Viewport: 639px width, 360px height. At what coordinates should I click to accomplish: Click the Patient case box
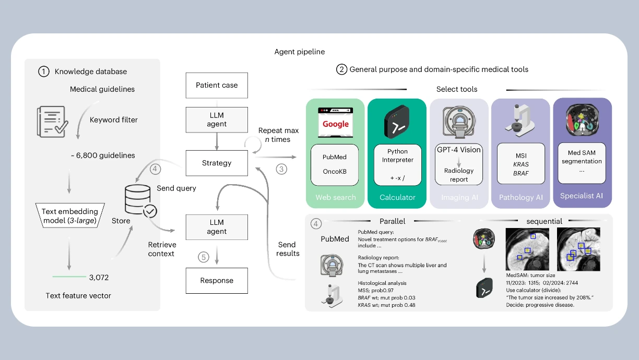click(x=217, y=86)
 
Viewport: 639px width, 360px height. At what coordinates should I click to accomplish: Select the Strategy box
click(x=217, y=163)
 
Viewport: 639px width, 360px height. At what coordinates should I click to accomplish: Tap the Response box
click(x=217, y=281)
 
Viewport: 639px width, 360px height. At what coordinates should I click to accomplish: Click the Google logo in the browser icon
click(x=336, y=124)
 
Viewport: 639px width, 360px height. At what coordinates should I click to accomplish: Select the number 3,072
click(x=99, y=277)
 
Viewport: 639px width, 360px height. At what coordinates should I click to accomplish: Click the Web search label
click(x=336, y=197)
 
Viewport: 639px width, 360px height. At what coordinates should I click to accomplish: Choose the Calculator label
click(x=397, y=197)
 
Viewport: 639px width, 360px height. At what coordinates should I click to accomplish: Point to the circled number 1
click(x=44, y=71)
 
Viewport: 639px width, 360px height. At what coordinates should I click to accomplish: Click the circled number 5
click(x=204, y=257)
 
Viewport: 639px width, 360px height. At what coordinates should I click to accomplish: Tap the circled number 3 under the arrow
click(x=282, y=170)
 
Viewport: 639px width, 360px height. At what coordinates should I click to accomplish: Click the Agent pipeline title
click(x=300, y=52)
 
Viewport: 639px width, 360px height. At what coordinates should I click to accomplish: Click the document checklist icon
click(x=51, y=122)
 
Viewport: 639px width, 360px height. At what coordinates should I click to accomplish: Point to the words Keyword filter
click(x=114, y=120)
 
